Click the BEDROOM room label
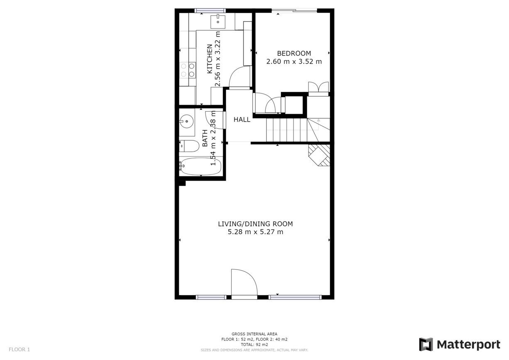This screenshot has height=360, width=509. [294, 54]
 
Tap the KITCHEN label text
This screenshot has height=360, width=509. [210, 59]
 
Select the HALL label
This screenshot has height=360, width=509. [242, 120]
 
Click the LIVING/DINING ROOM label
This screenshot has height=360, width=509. [255, 224]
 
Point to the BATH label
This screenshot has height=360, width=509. [205, 138]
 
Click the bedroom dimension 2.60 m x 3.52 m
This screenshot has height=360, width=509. [294, 61]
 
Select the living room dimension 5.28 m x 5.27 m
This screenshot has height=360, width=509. [255, 232]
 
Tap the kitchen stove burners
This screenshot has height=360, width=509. [188, 70]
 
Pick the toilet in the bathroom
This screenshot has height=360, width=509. [189, 146]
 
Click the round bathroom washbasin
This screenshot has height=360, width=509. [186, 121]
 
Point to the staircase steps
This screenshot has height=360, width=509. [298, 130]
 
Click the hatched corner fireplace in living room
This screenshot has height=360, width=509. [319, 155]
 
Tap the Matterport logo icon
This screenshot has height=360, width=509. [426, 345]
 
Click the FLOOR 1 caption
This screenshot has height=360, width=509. [20, 349]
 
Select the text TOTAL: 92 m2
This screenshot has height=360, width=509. [254, 345]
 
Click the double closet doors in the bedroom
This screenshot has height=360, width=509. [318, 87]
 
